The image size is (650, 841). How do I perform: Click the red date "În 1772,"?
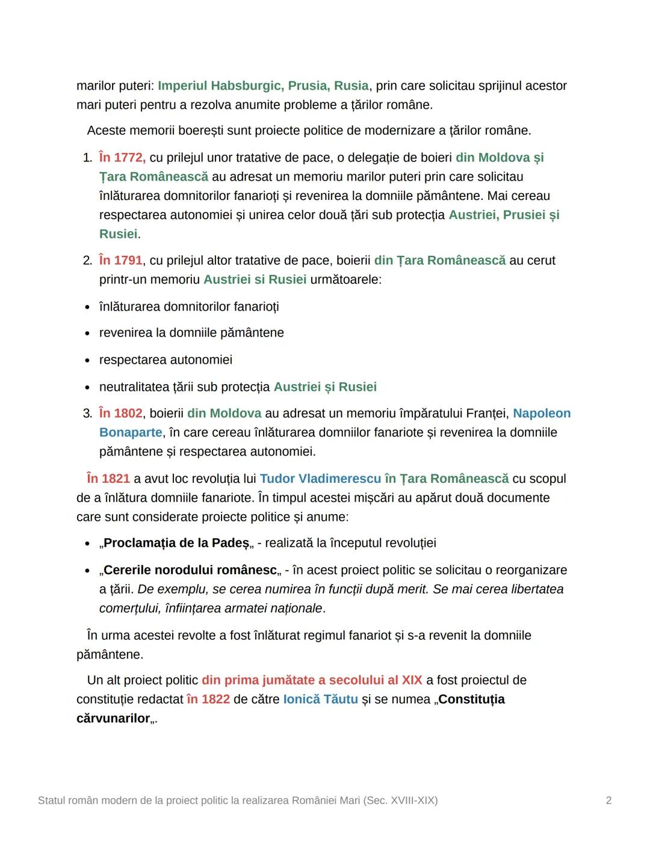tap(122, 158)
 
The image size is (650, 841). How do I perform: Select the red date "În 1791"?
tap(121, 261)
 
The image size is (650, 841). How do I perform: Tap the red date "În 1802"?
tap(121, 414)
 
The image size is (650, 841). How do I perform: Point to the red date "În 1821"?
tap(108, 479)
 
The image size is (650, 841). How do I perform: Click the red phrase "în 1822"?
tap(208, 700)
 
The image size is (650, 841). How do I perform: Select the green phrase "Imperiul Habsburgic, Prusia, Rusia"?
tap(263, 86)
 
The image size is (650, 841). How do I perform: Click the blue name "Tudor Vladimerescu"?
tap(320, 479)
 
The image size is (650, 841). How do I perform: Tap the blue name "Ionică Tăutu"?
tap(320, 700)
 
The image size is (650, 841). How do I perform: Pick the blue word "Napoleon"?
tap(542, 414)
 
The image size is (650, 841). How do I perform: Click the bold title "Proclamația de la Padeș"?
tap(176, 543)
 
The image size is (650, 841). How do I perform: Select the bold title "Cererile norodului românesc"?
tap(190, 570)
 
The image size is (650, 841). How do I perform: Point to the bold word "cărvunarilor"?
tap(113, 719)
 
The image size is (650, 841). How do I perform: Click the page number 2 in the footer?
tap(608, 801)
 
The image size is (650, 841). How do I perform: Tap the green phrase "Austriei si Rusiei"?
tap(255, 280)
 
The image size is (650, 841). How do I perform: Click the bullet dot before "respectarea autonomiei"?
tap(87, 361)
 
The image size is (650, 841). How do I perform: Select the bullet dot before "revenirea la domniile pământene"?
tap(87, 334)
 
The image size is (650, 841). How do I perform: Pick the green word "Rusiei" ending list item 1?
tap(119, 234)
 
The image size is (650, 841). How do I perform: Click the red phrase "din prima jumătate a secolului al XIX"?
tap(312, 680)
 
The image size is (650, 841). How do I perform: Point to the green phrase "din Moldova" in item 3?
tap(224, 414)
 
